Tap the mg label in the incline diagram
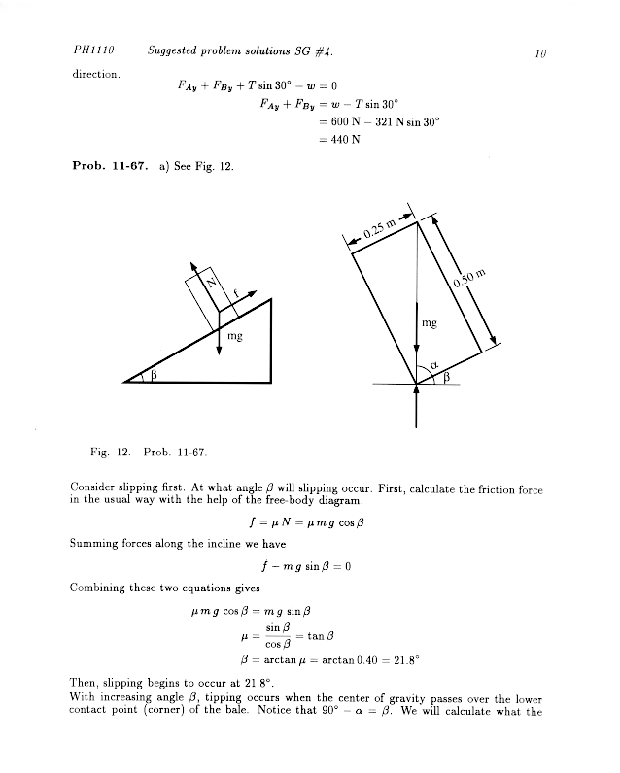(x=234, y=335)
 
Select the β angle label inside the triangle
(x=154, y=374)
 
